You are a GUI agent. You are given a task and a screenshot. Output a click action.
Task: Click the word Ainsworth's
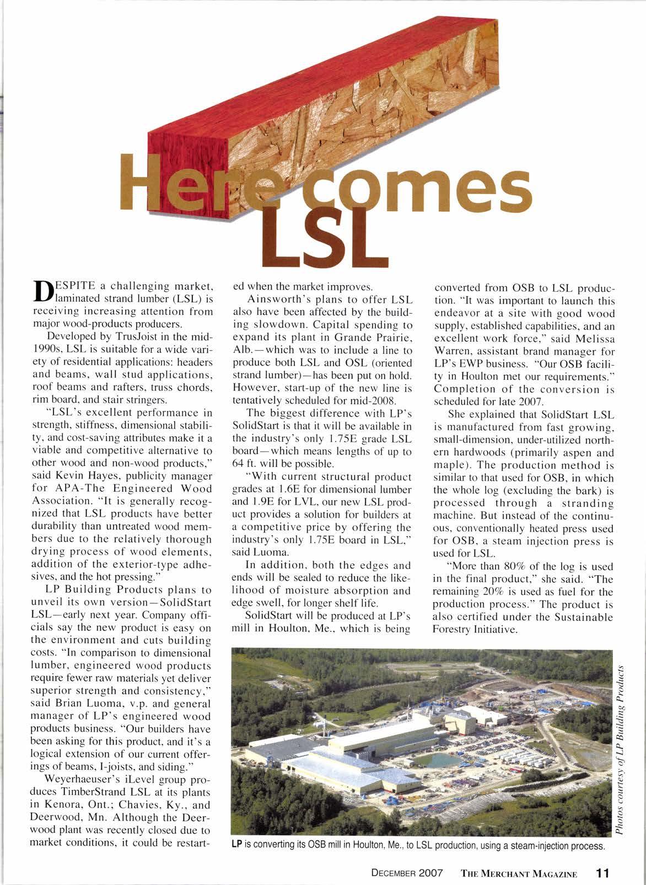point(281,299)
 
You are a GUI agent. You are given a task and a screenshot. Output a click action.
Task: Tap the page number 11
point(602,858)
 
